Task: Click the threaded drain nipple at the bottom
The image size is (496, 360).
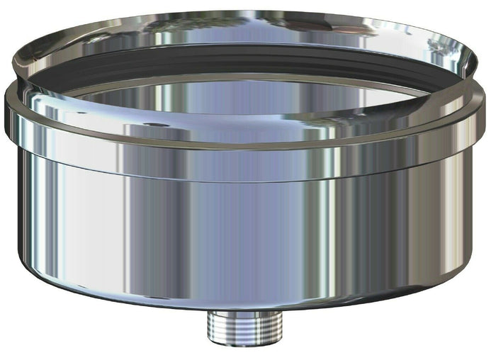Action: tap(245, 324)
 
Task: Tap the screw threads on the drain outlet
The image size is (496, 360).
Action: tap(245, 326)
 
